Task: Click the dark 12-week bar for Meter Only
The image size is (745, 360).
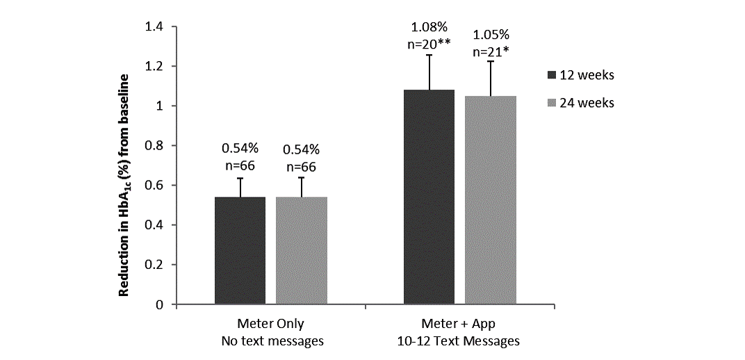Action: click(x=240, y=251)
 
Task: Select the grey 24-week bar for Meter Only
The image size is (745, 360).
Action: click(x=301, y=251)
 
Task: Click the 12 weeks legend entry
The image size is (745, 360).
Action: click(x=581, y=75)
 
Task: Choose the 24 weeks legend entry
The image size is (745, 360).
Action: click(x=581, y=103)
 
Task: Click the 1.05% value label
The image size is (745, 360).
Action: click(x=490, y=35)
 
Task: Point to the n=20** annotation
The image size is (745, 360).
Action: click(x=430, y=44)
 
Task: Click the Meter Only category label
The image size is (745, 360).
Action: click(x=271, y=324)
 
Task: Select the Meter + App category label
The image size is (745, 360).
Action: click(x=459, y=324)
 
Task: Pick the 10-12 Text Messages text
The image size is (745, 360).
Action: click(x=459, y=341)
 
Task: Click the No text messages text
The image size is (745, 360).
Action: click(x=271, y=341)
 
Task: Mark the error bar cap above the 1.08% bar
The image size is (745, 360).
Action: click(x=429, y=55)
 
